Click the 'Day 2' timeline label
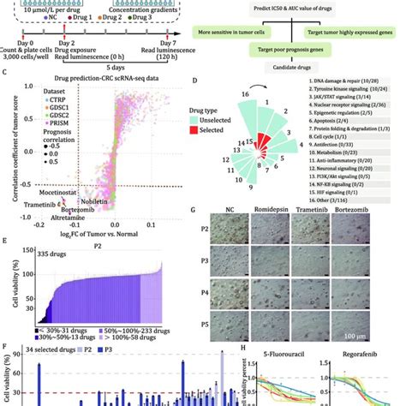(x=62, y=41)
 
